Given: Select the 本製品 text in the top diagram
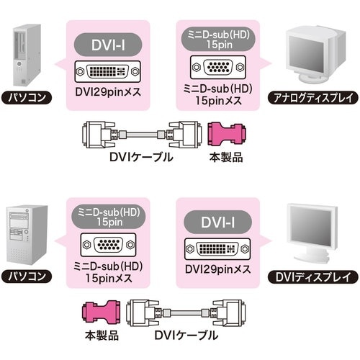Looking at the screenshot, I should point(220,156).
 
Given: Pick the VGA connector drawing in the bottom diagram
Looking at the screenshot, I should point(107,245).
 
